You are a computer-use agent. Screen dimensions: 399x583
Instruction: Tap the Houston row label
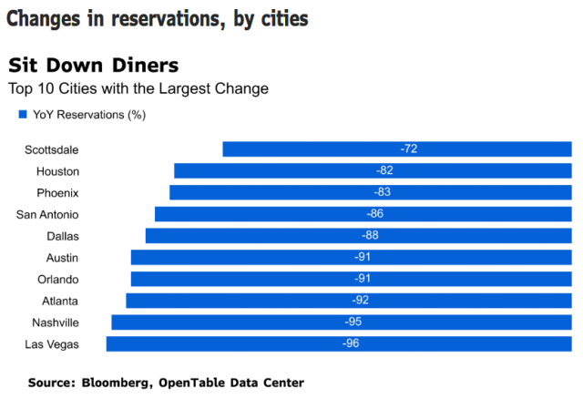57,171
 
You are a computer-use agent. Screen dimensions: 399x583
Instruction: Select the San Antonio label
47,214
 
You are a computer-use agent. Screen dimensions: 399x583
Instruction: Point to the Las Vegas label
53,344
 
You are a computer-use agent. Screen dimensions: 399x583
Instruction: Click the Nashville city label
56,322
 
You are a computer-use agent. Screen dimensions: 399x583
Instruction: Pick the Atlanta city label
60,301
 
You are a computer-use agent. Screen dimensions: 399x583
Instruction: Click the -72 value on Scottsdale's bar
408,148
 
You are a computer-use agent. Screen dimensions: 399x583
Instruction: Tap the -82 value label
384,170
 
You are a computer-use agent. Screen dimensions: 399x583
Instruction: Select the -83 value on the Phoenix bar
382,192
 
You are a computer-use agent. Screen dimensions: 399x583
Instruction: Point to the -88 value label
371,236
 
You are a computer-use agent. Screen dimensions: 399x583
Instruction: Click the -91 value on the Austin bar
363,258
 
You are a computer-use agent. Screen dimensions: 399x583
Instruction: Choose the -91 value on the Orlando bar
363,279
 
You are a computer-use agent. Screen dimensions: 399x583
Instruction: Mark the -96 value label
351,343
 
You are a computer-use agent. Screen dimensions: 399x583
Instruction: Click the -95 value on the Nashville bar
353,322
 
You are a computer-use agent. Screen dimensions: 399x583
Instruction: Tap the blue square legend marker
22,115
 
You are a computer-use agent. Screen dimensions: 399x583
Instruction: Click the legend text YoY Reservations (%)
89,115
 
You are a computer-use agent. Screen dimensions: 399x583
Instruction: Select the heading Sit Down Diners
93,66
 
